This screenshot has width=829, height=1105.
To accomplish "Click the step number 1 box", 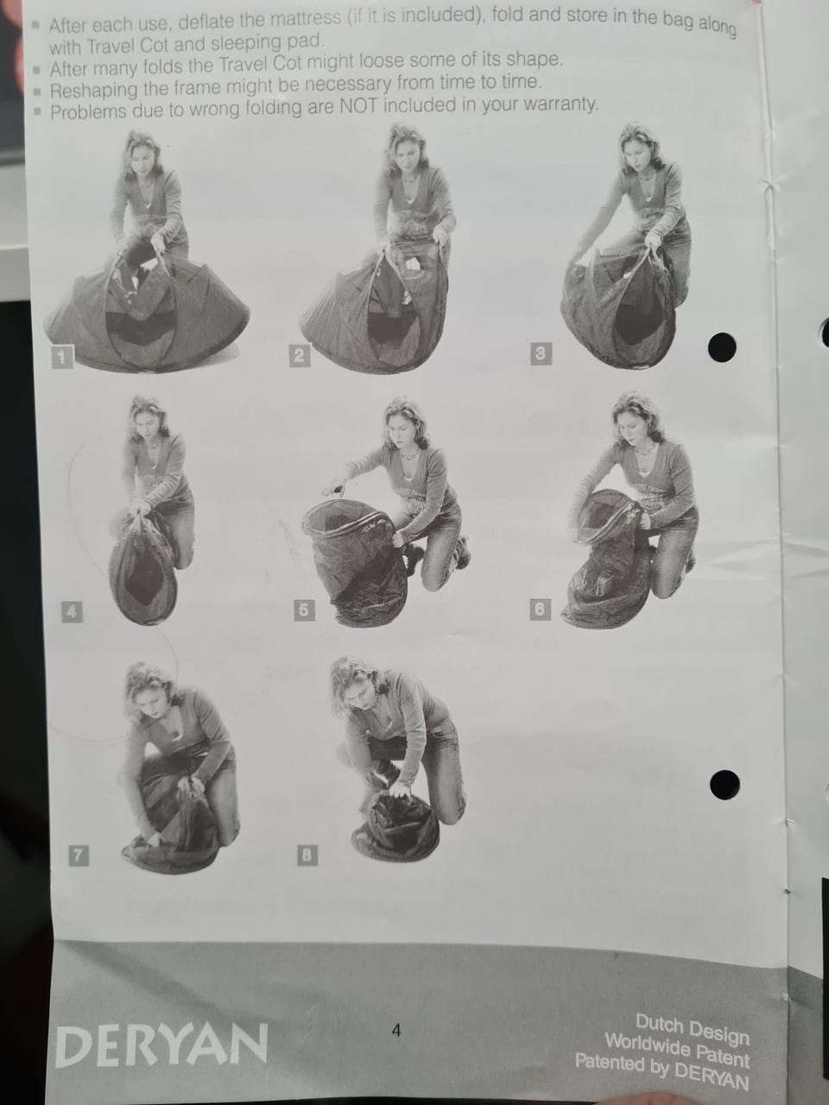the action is (62, 357).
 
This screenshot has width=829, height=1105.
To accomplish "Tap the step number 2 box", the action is (300, 356).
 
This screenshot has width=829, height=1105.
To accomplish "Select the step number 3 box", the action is (541, 353).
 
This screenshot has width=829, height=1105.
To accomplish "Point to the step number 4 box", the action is (72, 612).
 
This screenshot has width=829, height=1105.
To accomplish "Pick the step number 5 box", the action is (304, 610).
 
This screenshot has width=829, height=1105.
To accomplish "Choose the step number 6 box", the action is (540, 609).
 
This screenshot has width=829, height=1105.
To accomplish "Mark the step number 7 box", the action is (79, 856).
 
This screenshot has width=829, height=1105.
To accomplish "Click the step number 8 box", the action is (307, 855).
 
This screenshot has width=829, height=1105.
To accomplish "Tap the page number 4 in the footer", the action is (396, 1030).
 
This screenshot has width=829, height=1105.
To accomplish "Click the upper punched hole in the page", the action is (722, 347).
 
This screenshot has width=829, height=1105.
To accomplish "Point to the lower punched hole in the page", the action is (725, 785).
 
